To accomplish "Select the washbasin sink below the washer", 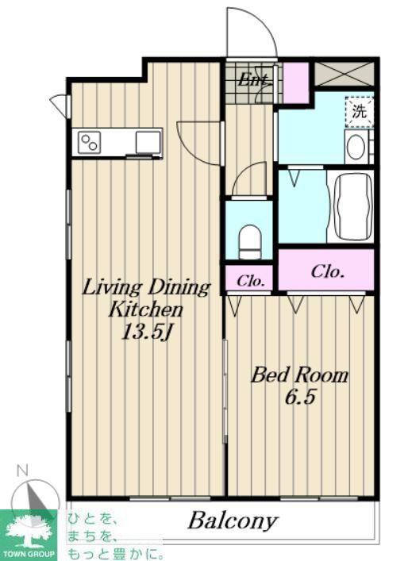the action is [356, 148].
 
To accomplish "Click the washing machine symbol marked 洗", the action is [359, 112].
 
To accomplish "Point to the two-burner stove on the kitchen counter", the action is [90, 142].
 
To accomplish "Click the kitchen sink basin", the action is [148, 142].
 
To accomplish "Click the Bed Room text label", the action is [299, 375].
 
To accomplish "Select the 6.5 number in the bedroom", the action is [300, 397].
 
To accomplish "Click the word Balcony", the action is [233, 521].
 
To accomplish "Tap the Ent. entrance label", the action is [253, 79].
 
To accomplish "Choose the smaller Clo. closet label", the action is [251, 281].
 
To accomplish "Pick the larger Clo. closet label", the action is [328, 271].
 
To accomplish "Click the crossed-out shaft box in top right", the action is [344, 74].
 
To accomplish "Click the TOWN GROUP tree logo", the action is [29, 536].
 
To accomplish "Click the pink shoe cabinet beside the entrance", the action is [296, 83].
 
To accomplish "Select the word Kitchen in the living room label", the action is [146, 309].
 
